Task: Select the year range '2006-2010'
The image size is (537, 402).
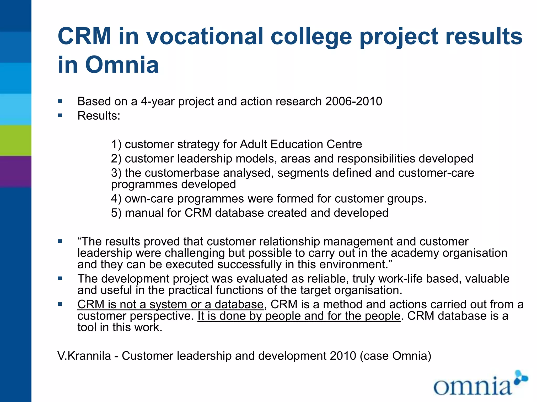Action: point(354,102)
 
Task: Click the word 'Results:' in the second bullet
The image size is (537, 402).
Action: point(99,116)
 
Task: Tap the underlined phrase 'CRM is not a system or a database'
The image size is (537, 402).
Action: point(170,305)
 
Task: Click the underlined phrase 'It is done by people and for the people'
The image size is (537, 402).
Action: point(299,316)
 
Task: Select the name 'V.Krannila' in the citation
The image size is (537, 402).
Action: point(84,356)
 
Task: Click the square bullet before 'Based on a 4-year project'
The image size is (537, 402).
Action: point(60,101)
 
